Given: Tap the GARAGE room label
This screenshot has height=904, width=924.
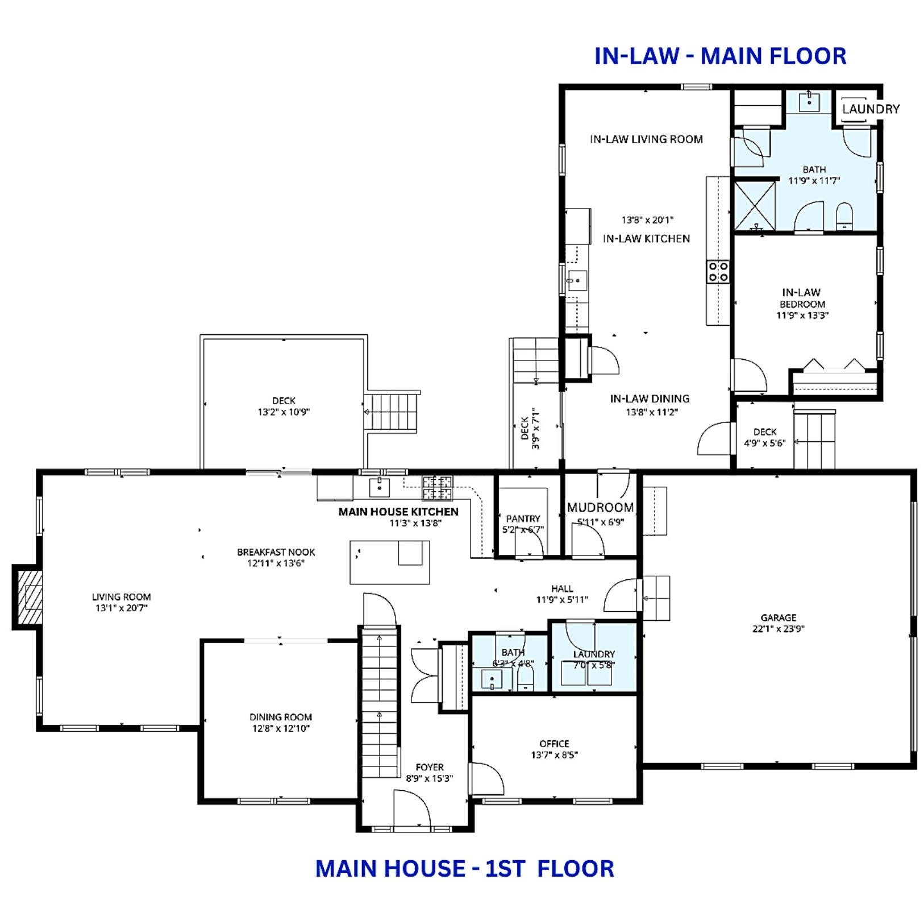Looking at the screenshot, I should tap(778, 617).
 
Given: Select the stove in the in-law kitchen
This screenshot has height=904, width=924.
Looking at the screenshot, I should tap(718, 271).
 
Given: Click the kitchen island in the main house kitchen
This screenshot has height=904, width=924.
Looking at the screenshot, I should tap(389, 562).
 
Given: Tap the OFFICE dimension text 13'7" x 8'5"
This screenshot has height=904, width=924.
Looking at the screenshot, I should tap(554, 755).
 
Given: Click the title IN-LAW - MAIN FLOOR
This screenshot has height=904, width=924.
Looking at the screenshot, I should tap(720, 56).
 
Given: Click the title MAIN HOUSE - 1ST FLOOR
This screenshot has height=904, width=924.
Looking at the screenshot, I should tap(464, 868).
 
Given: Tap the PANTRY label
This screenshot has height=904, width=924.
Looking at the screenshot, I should tap(523, 519).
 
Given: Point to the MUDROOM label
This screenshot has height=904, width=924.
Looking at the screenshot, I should tap(600, 507).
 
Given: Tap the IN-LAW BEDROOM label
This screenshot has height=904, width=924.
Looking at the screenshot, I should tap(801, 298).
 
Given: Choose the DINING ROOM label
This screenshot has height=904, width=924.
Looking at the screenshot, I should tap(281, 717).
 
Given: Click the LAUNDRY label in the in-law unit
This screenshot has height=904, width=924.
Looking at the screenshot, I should tap(871, 109).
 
